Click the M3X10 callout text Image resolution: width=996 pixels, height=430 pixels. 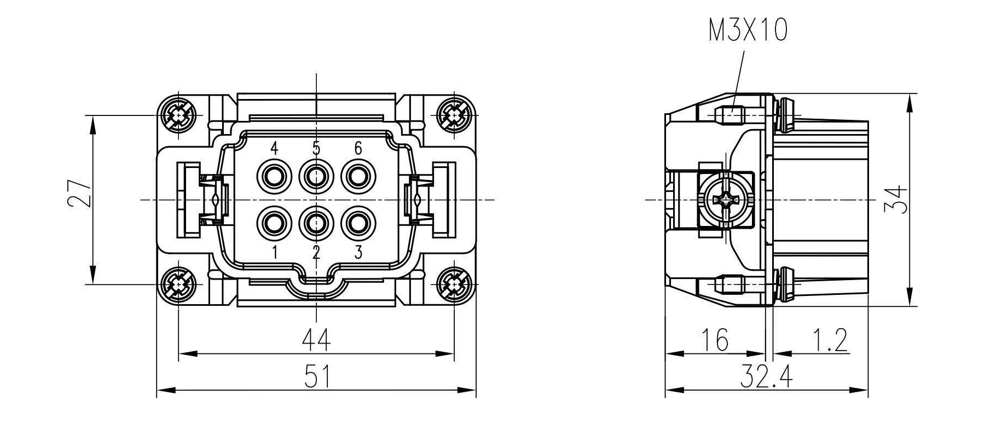coord(748,30)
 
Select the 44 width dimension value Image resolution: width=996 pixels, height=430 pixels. coord(316,340)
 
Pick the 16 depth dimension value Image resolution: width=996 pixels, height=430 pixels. coord(715,340)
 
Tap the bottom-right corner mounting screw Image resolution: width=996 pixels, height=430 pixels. coord(454,284)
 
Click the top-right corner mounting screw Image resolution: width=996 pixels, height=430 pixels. coord(454,115)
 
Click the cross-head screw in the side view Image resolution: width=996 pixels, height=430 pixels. coord(725,200)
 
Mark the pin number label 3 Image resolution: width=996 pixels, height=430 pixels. coord(358,252)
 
